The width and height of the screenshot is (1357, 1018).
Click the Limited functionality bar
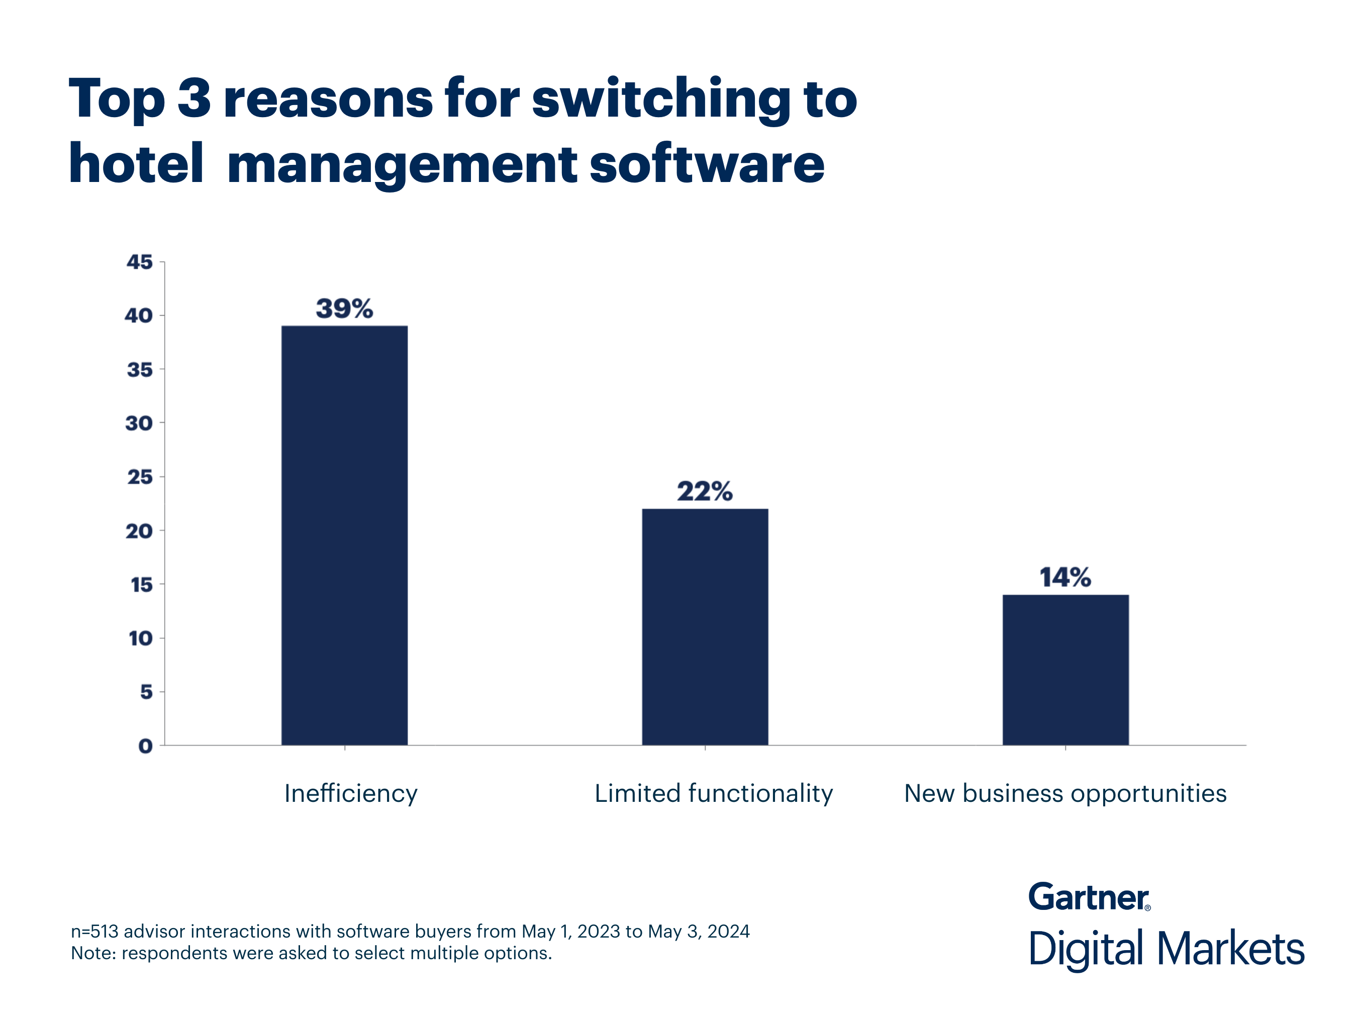(705, 626)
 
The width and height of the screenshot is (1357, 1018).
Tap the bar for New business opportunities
(1065, 670)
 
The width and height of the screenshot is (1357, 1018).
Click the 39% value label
(344, 308)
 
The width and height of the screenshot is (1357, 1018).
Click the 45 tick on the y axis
(139, 262)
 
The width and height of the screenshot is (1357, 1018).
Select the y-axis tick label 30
(139, 423)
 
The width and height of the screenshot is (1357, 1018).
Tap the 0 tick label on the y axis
(145, 746)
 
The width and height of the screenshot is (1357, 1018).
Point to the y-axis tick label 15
(141, 584)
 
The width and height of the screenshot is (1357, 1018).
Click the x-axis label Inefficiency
(350, 793)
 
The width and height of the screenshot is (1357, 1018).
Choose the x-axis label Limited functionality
(714, 793)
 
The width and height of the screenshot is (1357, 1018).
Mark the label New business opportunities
(1065, 793)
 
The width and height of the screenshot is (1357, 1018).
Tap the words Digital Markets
(1166, 949)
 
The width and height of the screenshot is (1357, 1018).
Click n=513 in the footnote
(94, 931)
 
